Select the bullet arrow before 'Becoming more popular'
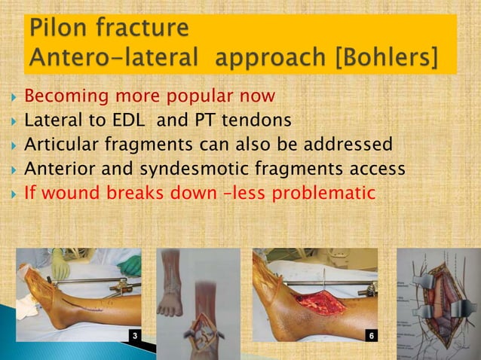[10, 98]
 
